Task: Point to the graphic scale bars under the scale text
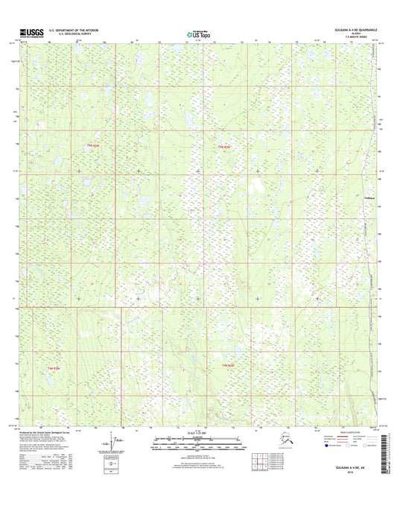coord(198,442)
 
